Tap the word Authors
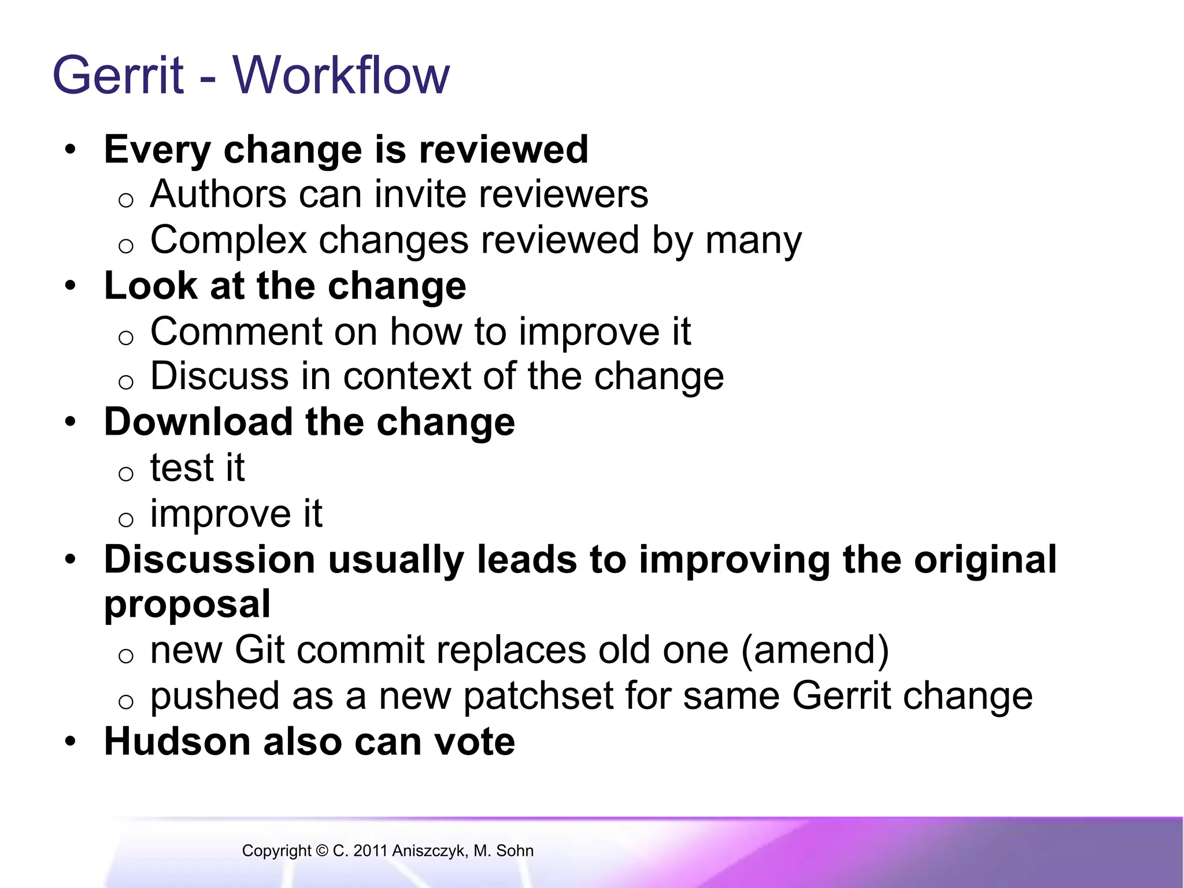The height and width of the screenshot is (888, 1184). (x=219, y=194)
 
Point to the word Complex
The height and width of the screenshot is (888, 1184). (x=228, y=240)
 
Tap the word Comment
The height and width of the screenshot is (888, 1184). (x=236, y=332)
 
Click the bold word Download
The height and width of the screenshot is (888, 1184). (x=198, y=422)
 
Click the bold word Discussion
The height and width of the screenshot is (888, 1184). (x=209, y=560)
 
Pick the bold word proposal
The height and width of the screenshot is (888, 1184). (x=187, y=605)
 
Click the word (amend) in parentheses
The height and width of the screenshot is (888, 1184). (x=815, y=650)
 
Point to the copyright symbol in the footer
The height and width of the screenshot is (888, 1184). (x=322, y=851)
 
